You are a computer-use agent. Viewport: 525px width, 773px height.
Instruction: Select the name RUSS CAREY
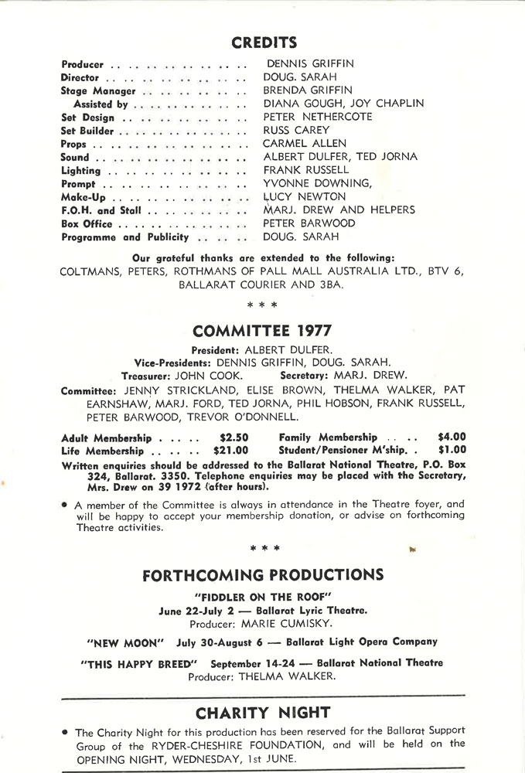click(x=296, y=130)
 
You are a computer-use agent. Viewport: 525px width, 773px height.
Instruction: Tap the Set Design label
click(x=87, y=117)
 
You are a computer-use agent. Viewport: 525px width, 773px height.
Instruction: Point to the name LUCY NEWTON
click(x=304, y=197)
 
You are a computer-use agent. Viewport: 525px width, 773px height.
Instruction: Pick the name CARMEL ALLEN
click(x=305, y=143)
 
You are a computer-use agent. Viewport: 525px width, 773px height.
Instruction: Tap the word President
click(x=216, y=349)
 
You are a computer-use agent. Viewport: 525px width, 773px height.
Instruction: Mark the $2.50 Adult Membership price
click(x=234, y=438)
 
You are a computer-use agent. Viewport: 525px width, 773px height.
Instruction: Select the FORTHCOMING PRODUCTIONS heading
click(x=263, y=574)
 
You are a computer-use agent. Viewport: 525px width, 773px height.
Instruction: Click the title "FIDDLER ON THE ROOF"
click(x=263, y=596)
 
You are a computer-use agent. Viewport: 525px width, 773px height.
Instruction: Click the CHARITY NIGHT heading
click(x=263, y=712)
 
